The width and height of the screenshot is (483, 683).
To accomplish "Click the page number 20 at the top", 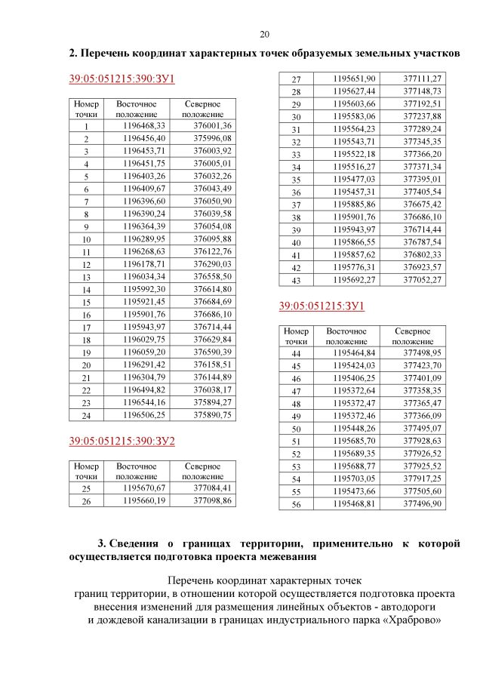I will (264, 34).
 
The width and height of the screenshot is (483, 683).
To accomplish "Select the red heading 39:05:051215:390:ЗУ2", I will (122, 441).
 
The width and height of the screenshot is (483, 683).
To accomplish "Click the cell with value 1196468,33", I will (143, 125).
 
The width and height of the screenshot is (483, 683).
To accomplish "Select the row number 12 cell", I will (87, 265).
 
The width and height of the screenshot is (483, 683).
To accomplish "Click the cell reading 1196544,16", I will (143, 402).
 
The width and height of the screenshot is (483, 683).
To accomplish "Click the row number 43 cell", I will (297, 280).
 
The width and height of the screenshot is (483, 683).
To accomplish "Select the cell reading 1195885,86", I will (353, 204).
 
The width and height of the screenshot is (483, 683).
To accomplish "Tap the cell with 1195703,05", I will (353, 478).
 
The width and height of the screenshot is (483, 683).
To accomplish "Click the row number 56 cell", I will (297, 504).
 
